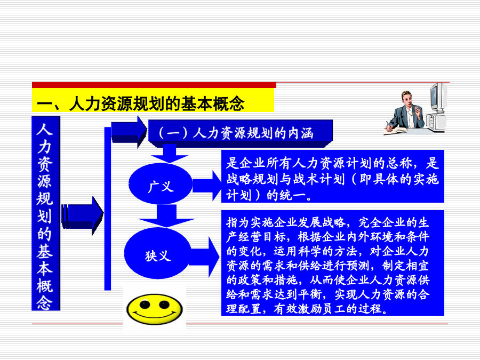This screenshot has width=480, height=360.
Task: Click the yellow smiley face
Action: point(155,309)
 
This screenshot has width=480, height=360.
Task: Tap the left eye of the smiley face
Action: point(145,304)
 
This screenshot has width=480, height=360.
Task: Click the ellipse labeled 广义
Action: point(161,184)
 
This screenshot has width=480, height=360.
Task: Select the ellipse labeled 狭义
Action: point(158,253)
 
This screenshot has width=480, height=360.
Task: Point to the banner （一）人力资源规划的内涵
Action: point(241,133)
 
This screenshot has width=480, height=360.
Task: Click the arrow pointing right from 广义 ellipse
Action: point(207,186)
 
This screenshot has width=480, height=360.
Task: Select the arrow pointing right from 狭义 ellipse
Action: point(204,257)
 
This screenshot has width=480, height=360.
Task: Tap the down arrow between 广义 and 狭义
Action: point(166,216)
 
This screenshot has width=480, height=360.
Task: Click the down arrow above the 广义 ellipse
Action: point(169,154)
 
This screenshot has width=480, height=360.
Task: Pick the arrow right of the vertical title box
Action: point(82,216)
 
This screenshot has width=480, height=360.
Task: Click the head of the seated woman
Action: point(406,98)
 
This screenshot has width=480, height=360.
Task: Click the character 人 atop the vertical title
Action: point(45,129)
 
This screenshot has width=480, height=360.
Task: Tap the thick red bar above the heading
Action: point(154,85)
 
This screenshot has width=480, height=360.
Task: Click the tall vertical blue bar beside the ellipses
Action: point(107,209)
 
